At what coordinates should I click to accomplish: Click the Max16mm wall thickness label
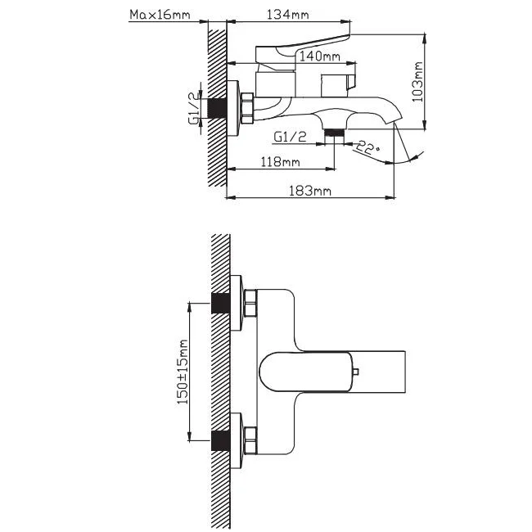[x=160, y=15]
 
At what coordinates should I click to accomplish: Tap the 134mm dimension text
[x=288, y=15]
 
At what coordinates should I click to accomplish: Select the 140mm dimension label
[x=319, y=56]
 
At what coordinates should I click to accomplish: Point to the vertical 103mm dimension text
[x=417, y=82]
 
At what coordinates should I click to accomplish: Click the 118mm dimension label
[x=280, y=162]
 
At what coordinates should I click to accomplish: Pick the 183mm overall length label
[x=309, y=191]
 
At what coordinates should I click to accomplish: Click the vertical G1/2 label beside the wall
[x=194, y=108]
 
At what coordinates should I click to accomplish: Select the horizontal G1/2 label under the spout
[x=290, y=137]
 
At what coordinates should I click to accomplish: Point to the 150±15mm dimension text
[x=183, y=372]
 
